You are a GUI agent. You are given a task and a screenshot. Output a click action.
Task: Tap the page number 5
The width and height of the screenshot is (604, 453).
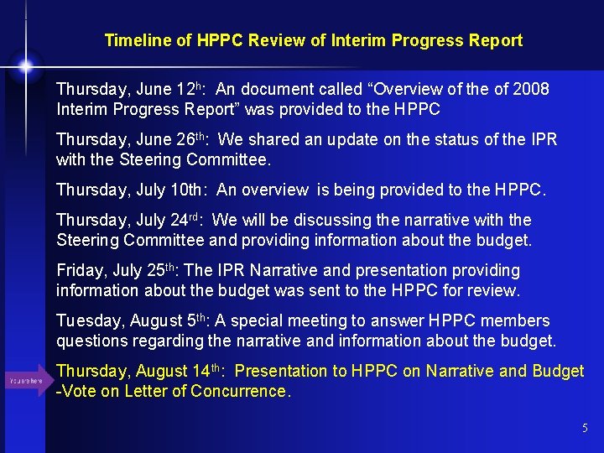(585, 429)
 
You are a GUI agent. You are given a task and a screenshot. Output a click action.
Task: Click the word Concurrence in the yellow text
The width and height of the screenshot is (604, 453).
(239, 391)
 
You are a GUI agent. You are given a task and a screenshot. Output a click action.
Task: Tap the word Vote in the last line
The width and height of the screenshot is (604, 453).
(79, 391)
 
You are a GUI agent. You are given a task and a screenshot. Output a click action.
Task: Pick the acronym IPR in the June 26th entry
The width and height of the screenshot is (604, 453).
(536, 139)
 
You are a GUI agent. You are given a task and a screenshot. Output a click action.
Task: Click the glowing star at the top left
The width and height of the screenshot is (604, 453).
(26, 65)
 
